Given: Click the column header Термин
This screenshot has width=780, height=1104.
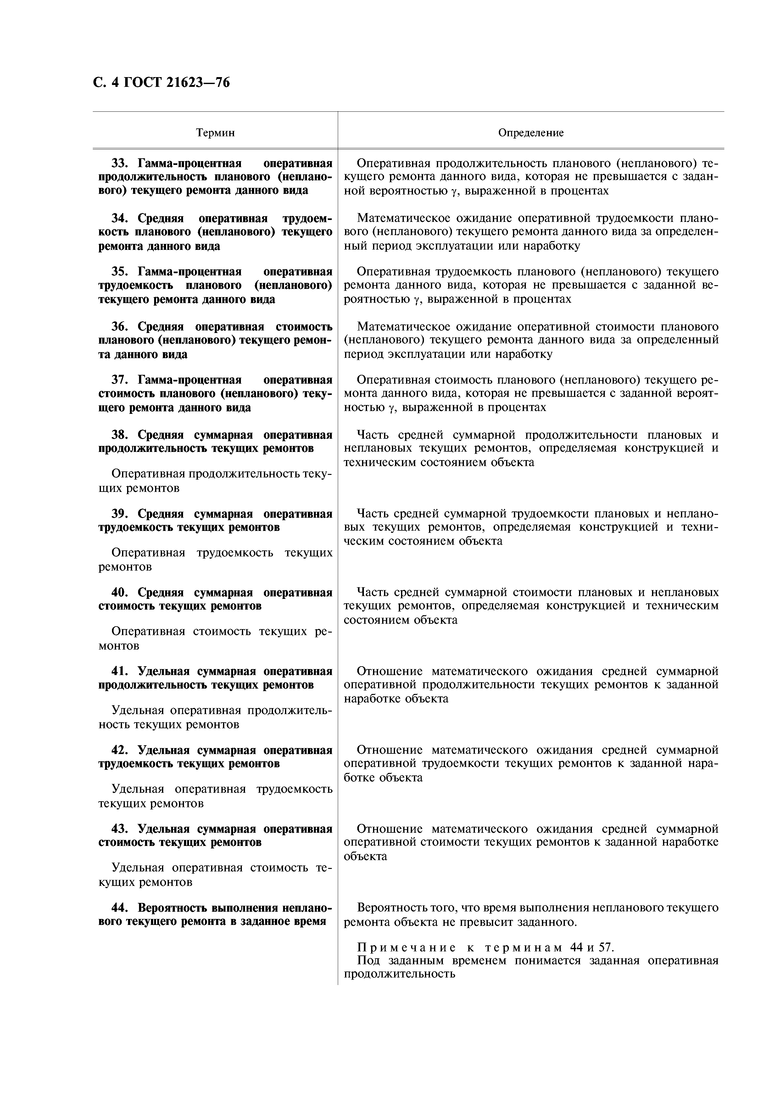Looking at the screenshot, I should click(x=215, y=133).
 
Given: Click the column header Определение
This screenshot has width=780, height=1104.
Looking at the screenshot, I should click(x=531, y=133).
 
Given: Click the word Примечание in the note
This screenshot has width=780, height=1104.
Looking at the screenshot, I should click(x=407, y=948).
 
